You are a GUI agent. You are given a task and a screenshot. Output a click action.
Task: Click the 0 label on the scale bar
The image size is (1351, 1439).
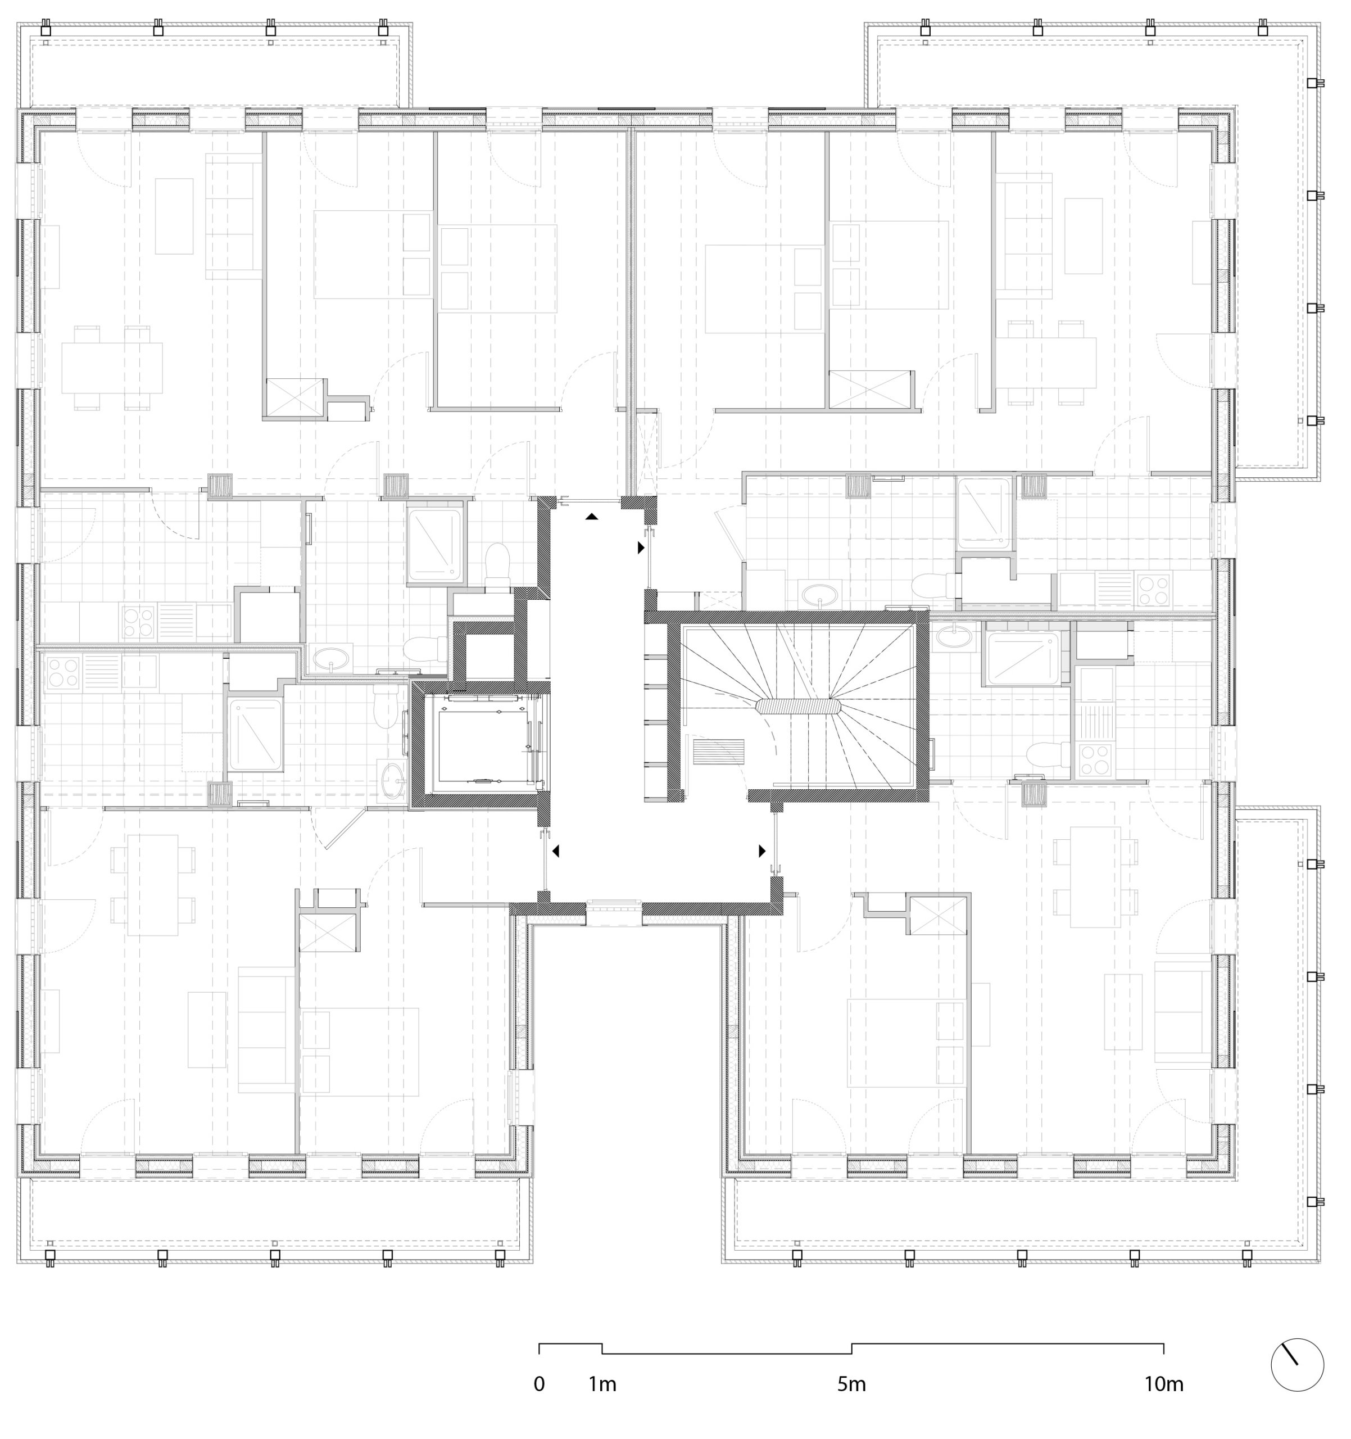coord(539,1384)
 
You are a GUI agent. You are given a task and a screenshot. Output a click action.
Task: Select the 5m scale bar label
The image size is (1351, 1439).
coord(852,1384)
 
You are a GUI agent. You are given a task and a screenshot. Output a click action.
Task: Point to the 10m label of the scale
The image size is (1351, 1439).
coord(1164,1384)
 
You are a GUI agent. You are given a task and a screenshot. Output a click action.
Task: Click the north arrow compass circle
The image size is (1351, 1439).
coord(1298,1364)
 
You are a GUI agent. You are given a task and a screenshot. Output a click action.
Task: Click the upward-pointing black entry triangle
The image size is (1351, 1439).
coord(592,517)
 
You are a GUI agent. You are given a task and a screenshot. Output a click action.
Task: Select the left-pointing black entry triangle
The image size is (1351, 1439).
coord(556,851)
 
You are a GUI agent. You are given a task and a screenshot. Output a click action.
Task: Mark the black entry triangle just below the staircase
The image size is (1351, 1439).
coord(762,851)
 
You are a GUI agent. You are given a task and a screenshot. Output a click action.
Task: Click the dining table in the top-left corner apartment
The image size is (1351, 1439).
coord(112,368)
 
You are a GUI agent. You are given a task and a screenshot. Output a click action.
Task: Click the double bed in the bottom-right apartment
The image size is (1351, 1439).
coord(908,1043)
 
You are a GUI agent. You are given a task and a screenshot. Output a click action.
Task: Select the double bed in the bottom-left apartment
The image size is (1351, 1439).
coord(360,1052)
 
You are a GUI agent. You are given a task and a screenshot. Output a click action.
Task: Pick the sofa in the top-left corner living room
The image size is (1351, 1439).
coord(233,216)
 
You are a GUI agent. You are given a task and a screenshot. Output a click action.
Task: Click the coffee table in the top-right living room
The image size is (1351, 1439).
coord(1084,236)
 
